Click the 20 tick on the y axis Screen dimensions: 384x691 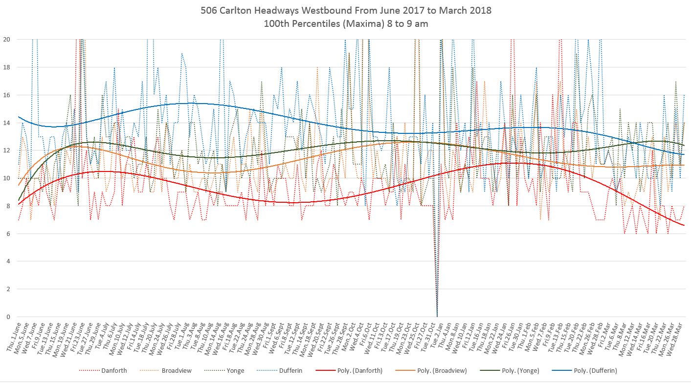(x=7, y=39)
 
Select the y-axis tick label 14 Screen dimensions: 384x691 (x=7, y=123)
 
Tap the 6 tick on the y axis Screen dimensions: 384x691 (x=7, y=234)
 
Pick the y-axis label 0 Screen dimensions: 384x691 (x=7, y=317)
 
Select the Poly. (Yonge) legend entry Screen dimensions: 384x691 (x=520, y=370)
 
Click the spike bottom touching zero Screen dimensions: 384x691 (x=437, y=316)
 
